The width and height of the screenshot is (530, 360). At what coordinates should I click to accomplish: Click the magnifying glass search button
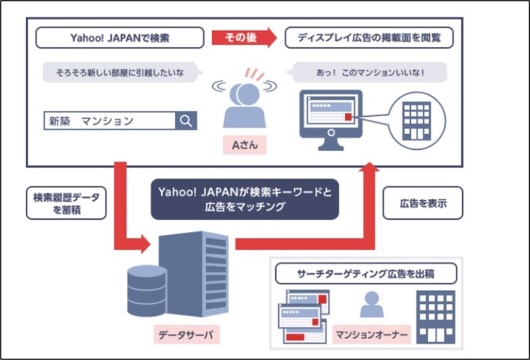186,120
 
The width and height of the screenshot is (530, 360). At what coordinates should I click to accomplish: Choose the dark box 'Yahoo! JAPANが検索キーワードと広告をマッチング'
245,198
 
